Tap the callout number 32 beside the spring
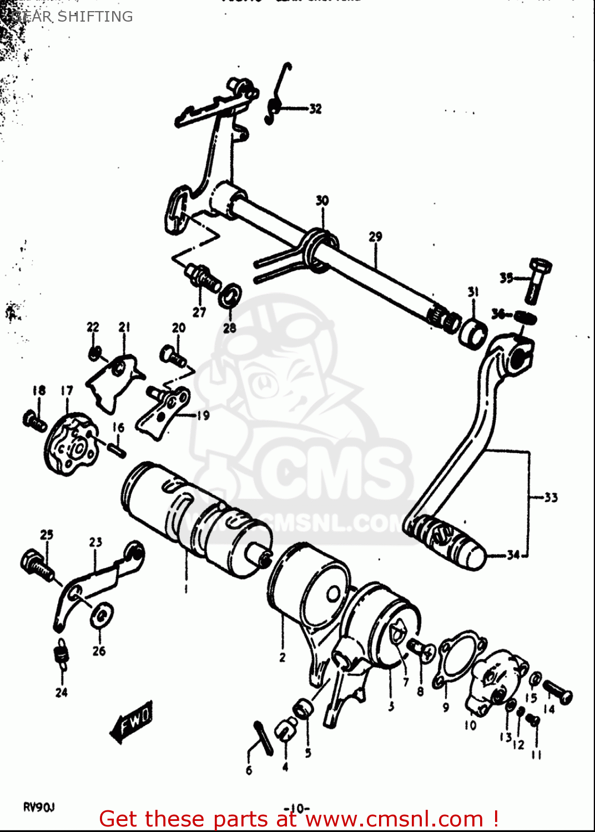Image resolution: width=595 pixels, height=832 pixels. tap(315, 109)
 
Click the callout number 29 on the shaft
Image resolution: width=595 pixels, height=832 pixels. tap(375, 237)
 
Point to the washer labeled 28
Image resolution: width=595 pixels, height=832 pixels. tap(230, 296)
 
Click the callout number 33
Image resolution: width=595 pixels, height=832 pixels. tap(550, 498)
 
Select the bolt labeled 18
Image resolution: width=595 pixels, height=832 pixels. tap(35, 420)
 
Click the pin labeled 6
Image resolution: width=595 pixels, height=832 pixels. tap(263, 737)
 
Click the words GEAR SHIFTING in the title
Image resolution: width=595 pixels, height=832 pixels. tap(72, 17)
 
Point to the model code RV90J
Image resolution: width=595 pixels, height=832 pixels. tap(39, 807)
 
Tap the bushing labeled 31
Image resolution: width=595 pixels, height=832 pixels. tap(472, 333)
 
